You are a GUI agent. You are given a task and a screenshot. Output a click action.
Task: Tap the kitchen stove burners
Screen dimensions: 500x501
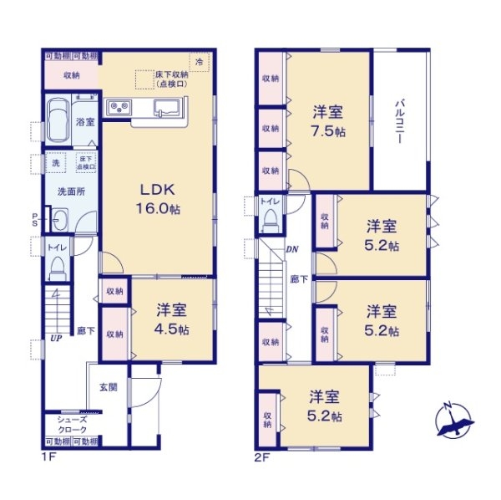[x=117, y=107]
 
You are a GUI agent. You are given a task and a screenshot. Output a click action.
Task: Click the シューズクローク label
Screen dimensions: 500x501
[x=71, y=424]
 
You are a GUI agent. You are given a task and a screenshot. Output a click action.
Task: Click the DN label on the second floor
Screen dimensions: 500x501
[x=292, y=249]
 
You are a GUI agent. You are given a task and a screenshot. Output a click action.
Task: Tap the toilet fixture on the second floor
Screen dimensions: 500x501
[x=270, y=217]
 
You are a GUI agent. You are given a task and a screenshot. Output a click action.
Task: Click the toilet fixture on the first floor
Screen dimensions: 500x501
[x=57, y=266]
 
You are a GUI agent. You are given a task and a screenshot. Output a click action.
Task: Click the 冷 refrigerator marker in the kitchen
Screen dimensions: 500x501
[x=199, y=62]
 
